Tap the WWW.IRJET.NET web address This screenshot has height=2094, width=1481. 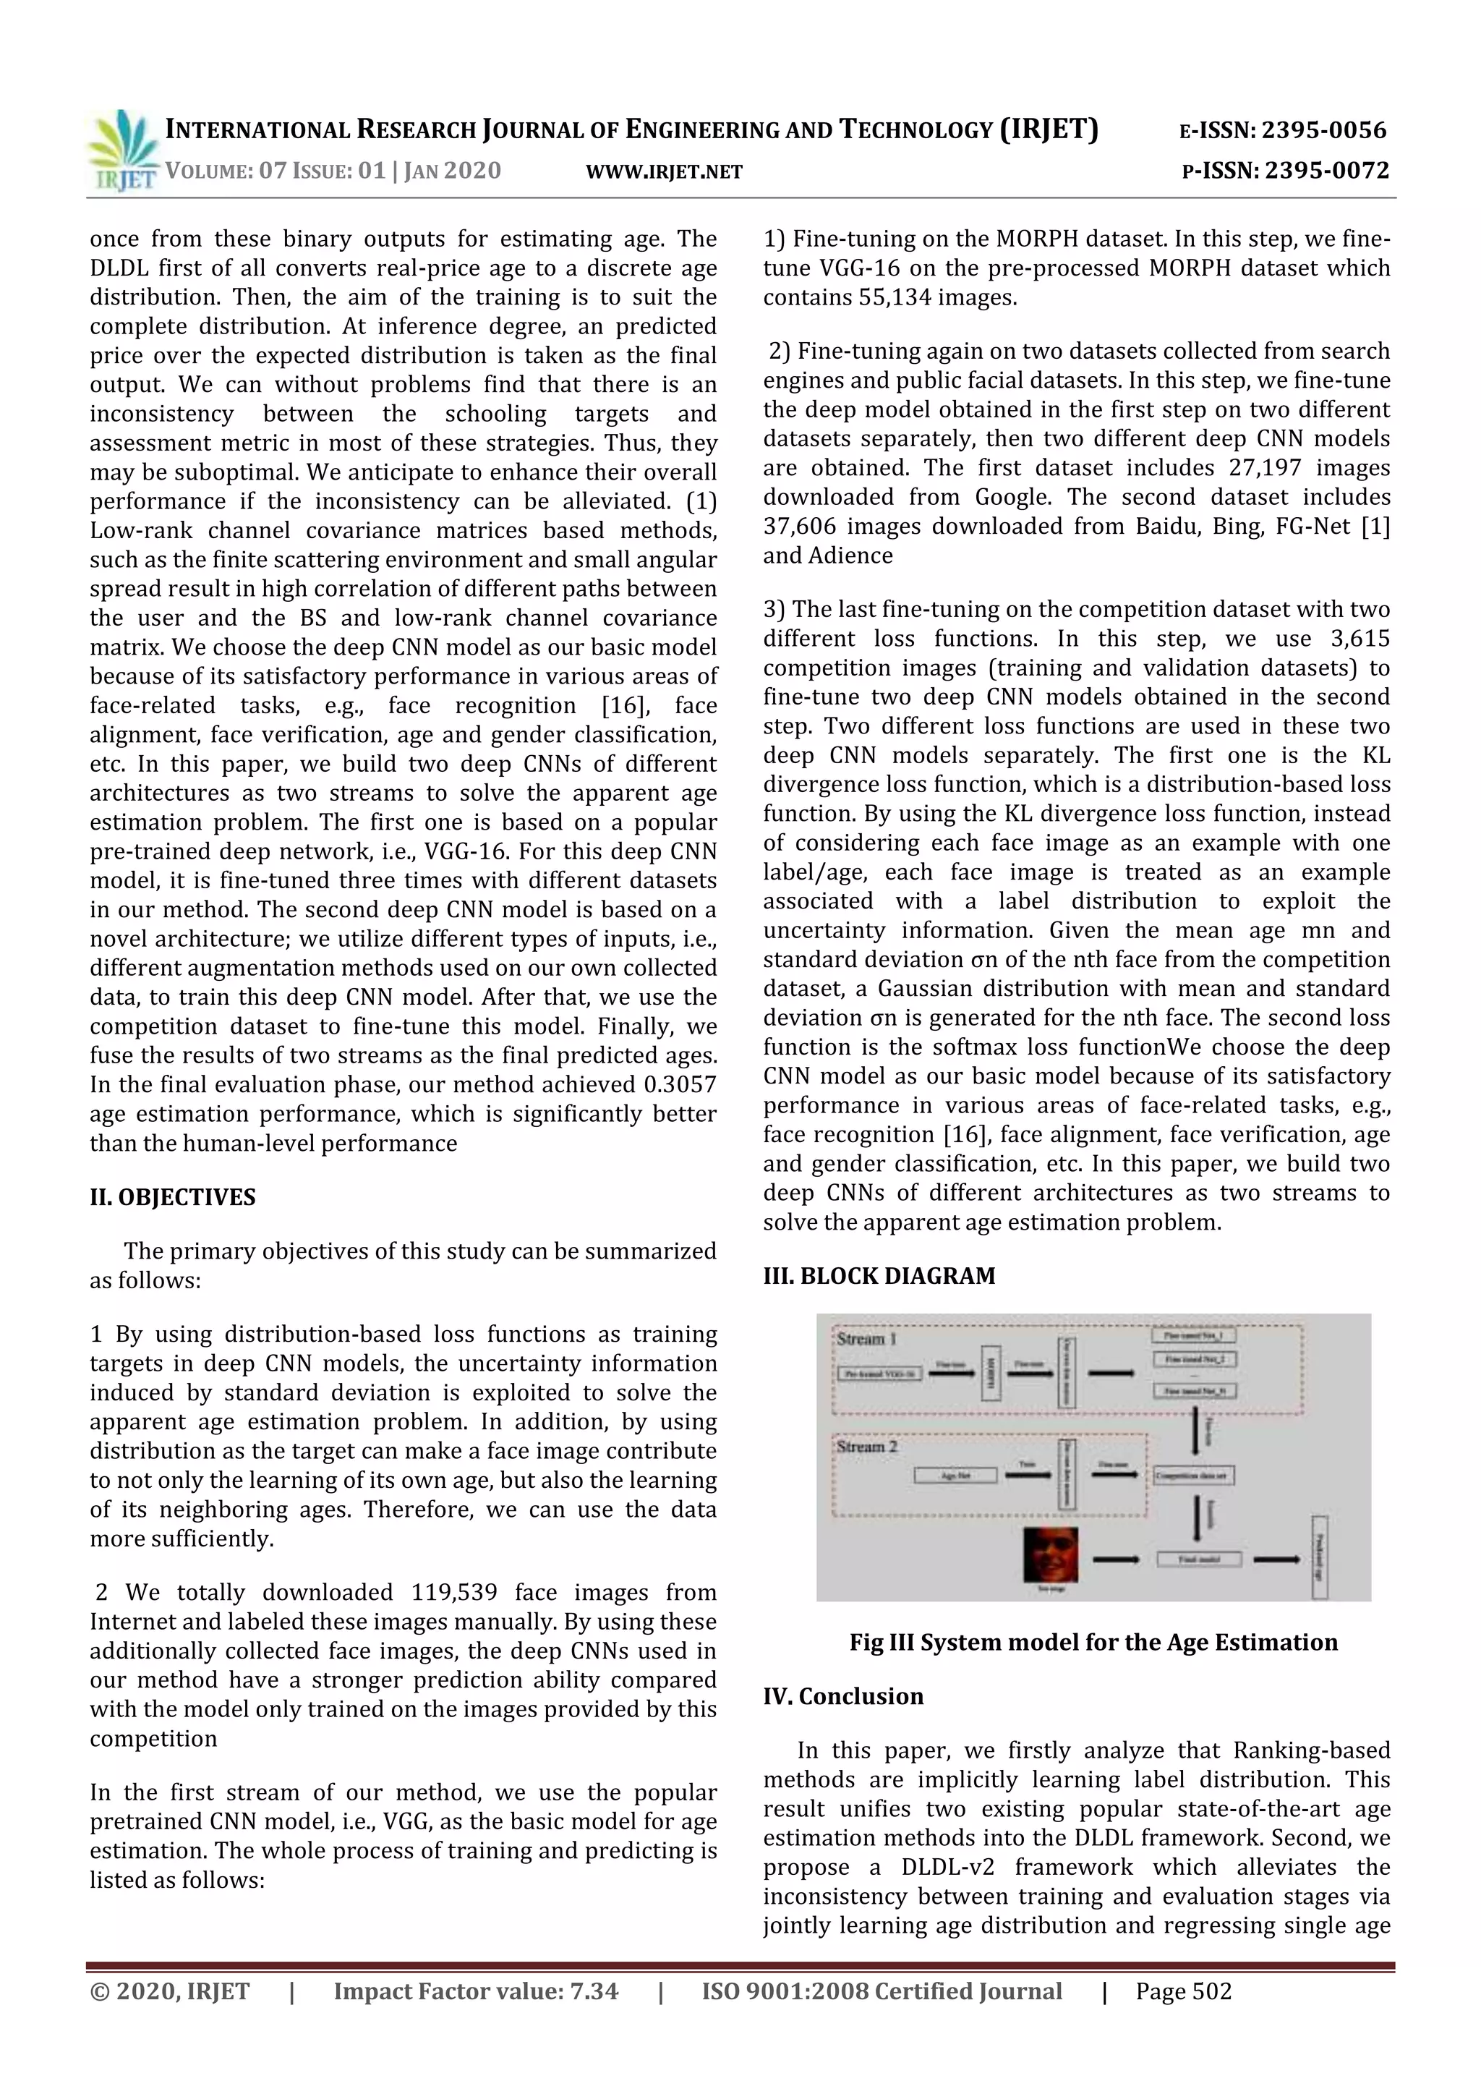664,171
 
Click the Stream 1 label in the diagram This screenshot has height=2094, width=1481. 866,1340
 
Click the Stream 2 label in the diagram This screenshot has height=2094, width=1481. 866,1447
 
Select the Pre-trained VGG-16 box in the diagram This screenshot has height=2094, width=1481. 880,1374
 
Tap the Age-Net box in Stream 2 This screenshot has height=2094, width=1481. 955,1476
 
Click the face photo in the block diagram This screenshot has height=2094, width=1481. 1051,1556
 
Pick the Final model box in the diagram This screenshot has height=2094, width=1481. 1198,1559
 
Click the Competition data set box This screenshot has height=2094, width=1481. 1194,1476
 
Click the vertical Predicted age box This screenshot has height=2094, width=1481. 1319,1557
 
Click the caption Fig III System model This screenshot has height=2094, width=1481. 1093,1643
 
